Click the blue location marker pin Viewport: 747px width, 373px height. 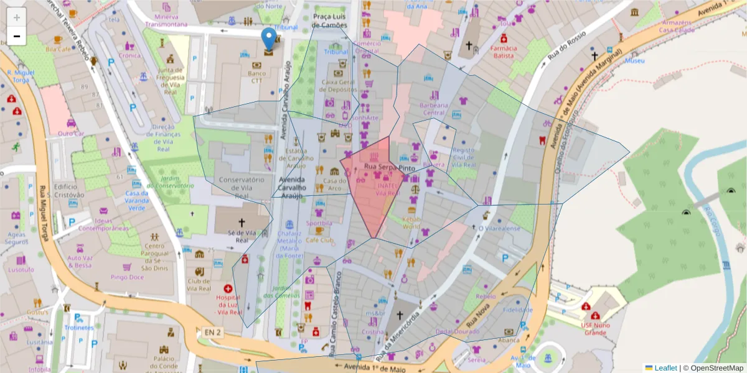point(268,39)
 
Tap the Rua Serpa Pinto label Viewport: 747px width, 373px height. point(389,168)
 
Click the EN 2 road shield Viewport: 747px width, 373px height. point(212,333)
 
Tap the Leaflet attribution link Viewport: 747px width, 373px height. point(665,368)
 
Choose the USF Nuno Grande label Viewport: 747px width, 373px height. point(594,329)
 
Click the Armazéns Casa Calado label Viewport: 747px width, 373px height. point(676,25)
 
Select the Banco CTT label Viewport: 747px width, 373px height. point(256,77)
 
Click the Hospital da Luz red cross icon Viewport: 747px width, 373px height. point(228,288)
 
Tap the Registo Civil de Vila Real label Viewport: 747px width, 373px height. point(464,157)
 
